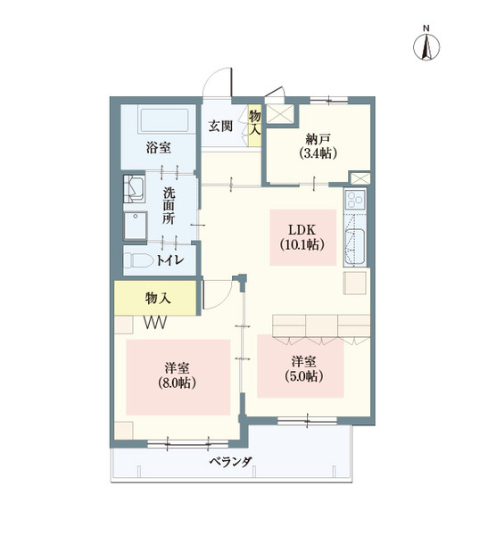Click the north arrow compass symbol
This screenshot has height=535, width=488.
point(426,45)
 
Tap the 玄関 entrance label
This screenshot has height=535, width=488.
point(221,126)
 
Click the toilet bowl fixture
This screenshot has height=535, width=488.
point(138,260)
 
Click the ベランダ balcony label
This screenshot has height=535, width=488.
point(231,462)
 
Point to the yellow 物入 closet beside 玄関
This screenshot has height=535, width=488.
point(255,122)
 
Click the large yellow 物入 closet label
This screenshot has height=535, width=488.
point(158,298)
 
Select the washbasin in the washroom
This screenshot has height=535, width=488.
point(136,188)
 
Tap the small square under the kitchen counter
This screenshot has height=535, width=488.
point(355,283)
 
